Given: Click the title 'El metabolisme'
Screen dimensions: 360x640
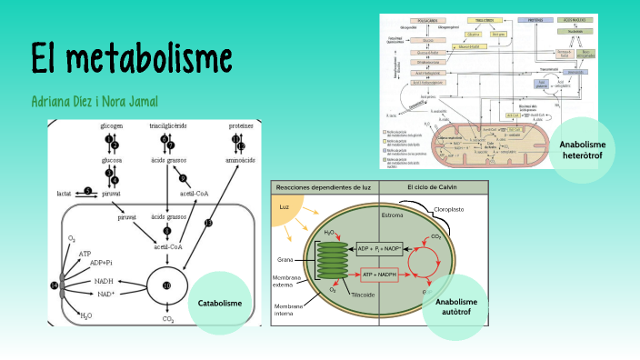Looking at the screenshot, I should (x=131, y=58).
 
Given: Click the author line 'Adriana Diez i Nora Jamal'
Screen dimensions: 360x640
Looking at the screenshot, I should (x=95, y=100).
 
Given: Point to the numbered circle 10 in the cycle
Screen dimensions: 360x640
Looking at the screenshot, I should (x=166, y=285).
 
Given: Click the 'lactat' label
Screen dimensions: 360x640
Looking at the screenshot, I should (x=64, y=194).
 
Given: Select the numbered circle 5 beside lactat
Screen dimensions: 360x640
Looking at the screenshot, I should (x=88, y=191).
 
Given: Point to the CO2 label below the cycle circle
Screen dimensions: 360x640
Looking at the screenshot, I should (x=167, y=318).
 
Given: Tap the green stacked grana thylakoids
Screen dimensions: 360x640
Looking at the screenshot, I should (x=332, y=260).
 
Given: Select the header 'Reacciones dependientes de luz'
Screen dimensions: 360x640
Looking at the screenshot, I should (x=325, y=186).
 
